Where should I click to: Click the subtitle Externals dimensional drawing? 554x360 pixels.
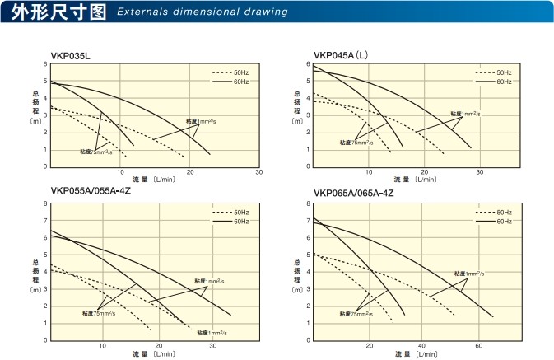click(203, 13)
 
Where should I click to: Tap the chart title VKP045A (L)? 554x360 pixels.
click(339, 55)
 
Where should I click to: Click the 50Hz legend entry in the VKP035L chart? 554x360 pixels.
click(236, 74)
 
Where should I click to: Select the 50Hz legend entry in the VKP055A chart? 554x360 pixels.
click(236, 213)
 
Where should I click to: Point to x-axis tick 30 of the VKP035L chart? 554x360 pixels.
click(258, 172)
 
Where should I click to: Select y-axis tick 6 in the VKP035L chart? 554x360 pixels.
click(44, 63)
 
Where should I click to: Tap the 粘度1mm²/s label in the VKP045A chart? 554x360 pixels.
click(465, 114)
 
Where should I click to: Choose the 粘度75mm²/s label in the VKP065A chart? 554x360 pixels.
click(356, 314)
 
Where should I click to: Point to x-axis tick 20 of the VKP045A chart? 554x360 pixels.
click(425, 172)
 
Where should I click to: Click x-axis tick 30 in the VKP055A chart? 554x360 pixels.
click(212, 347)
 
